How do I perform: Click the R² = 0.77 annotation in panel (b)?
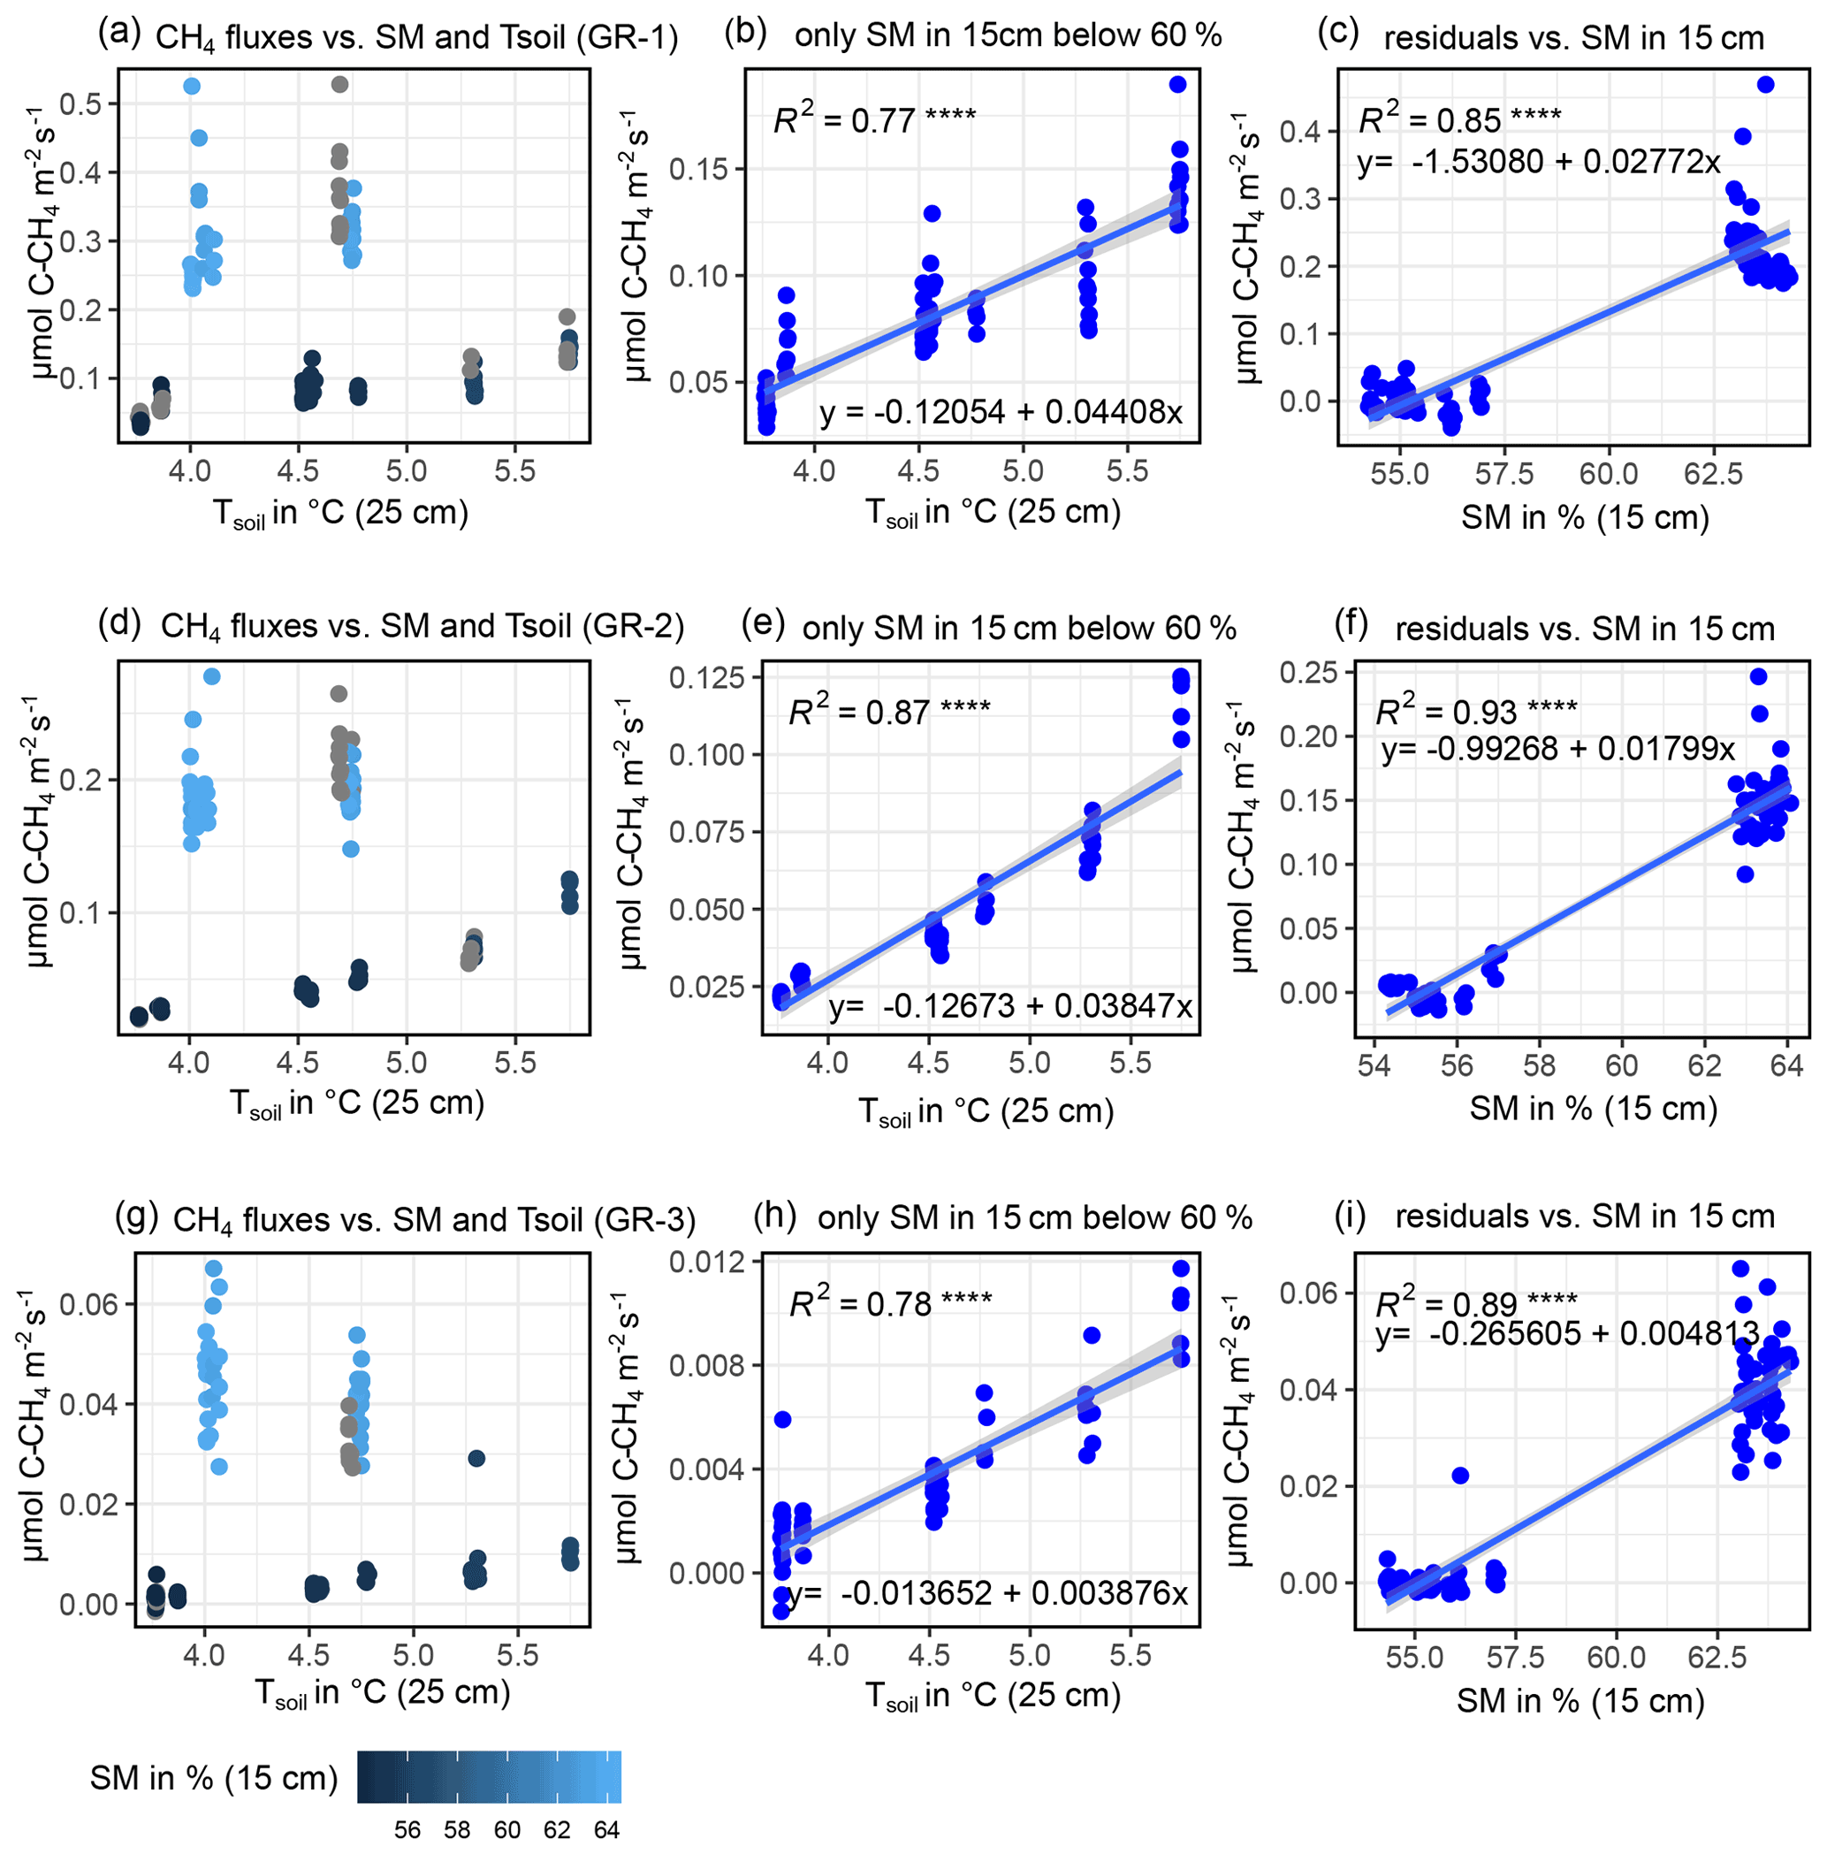874,120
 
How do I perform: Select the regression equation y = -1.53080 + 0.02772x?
1538,162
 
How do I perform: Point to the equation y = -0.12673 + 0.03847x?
1009,1006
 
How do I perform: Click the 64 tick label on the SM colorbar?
605,1830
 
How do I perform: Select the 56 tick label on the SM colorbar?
407,1830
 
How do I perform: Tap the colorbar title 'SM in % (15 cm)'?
214,1778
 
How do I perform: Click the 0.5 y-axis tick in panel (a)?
80,103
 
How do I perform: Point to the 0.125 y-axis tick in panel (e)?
706,677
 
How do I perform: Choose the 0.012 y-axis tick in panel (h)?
706,1261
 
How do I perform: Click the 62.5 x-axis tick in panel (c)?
1714,473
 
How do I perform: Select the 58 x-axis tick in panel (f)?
1539,1066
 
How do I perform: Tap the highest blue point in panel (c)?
1764,85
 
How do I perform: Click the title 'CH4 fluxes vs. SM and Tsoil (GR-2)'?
422,627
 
